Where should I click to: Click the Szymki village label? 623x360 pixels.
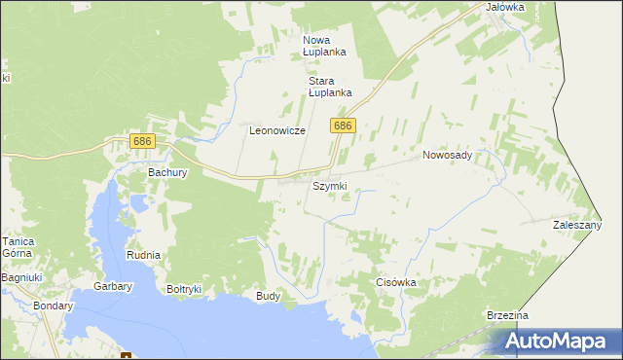pyautogui.click(x=329, y=186)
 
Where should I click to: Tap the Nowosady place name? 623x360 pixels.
pyautogui.click(x=447, y=155)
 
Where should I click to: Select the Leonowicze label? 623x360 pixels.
pyautogui.click(x=277, y=130)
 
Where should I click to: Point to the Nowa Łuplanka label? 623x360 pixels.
pyautogui.click(x=324, y=45)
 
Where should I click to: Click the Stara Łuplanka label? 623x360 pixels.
pyautogui.click(x=329, y=87)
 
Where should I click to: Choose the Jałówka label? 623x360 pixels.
pyautogui.click(x=504, y=7)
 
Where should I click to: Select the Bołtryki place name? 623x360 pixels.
pyautogui.click(x=184, y=289)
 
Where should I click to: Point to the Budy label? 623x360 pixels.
pyautogui.click(x=268, y=296)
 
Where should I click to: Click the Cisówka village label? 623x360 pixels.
pyautogui.click(x=396, y=282)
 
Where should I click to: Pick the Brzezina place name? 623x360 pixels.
pyautogui.click(x=507, y=316)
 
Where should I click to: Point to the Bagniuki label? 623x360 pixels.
pyautogui.click(x=19, y=278)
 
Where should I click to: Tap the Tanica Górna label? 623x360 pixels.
pyautogui.click(x=17, y=248)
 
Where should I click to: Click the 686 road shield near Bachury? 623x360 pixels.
pyautogui.click(x=142, y=142)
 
